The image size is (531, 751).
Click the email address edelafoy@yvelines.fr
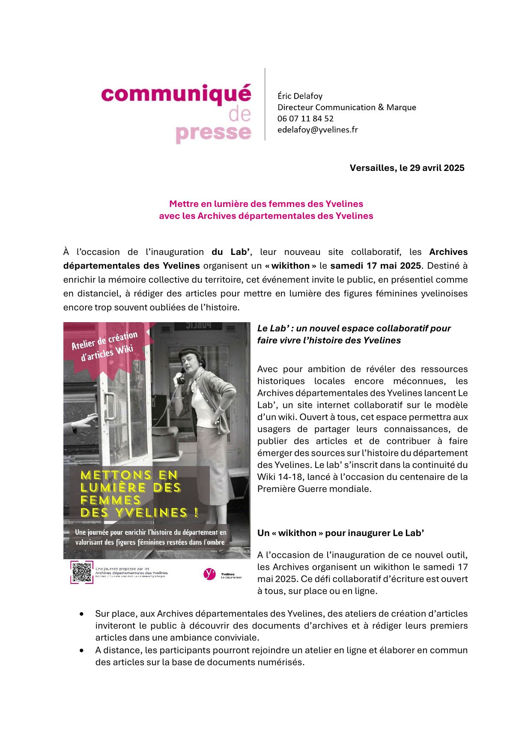click(317, 130)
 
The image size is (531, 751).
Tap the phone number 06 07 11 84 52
click(305, 119)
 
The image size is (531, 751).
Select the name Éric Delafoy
click(300, 96)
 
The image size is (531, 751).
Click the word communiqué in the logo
click(176, 94)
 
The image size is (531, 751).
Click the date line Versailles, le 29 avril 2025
click(407, 168)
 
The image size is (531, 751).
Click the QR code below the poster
click(82, 572)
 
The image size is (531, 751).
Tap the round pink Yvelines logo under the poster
click(209, 574)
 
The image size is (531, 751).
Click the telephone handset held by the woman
click(180, 377)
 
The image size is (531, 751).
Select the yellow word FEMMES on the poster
click(110, 500)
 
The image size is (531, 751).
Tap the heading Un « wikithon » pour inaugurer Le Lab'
click(340, 533)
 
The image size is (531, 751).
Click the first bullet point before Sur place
click(82, 614)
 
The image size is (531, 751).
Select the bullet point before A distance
click(82, 650)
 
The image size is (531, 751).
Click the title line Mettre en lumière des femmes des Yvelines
click(266, 204)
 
